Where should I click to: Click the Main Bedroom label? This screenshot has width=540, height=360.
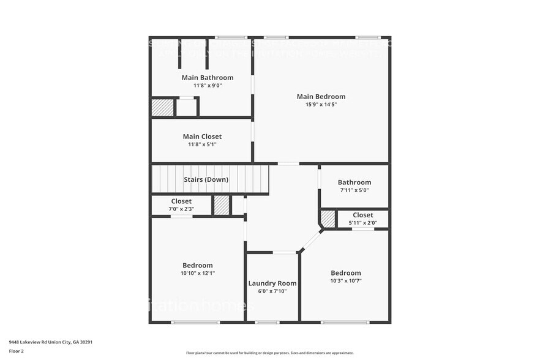tap(321, 96)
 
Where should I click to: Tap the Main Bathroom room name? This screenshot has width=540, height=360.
tap(208, 78)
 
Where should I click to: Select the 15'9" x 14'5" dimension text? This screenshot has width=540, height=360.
tap(321, 104)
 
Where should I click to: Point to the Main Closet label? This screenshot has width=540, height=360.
tap(202, 137)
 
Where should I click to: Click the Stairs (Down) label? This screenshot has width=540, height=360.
tap(206, 179)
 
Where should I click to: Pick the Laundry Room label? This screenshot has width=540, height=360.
tap(272, 283)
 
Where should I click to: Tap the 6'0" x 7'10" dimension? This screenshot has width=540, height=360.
tap(272, 291)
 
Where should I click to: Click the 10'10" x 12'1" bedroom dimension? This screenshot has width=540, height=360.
tap(197, 273)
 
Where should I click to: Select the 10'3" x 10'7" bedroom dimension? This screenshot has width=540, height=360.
tap(346, 281)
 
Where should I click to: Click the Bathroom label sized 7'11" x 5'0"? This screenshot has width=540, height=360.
tap(354, 182)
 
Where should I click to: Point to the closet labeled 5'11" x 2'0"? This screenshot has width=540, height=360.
tap(362, 215)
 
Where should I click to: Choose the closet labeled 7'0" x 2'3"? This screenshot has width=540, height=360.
tap(181, 201)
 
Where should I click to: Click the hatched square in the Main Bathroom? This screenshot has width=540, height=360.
tap(162, 108)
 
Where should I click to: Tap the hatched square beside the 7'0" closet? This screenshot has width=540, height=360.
tap(222, 205)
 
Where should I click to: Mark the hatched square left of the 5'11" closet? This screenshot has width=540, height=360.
tap(328, 219)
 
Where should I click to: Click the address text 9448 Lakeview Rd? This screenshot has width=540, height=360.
tap(50, 342)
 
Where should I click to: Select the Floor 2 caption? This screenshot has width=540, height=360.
tap(17, 351)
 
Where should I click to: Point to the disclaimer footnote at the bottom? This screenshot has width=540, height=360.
tap(269, 353)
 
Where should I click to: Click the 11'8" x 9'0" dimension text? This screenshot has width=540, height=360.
tap(208, 86)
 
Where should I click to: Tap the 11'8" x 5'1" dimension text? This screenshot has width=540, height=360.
tap(202, 144)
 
